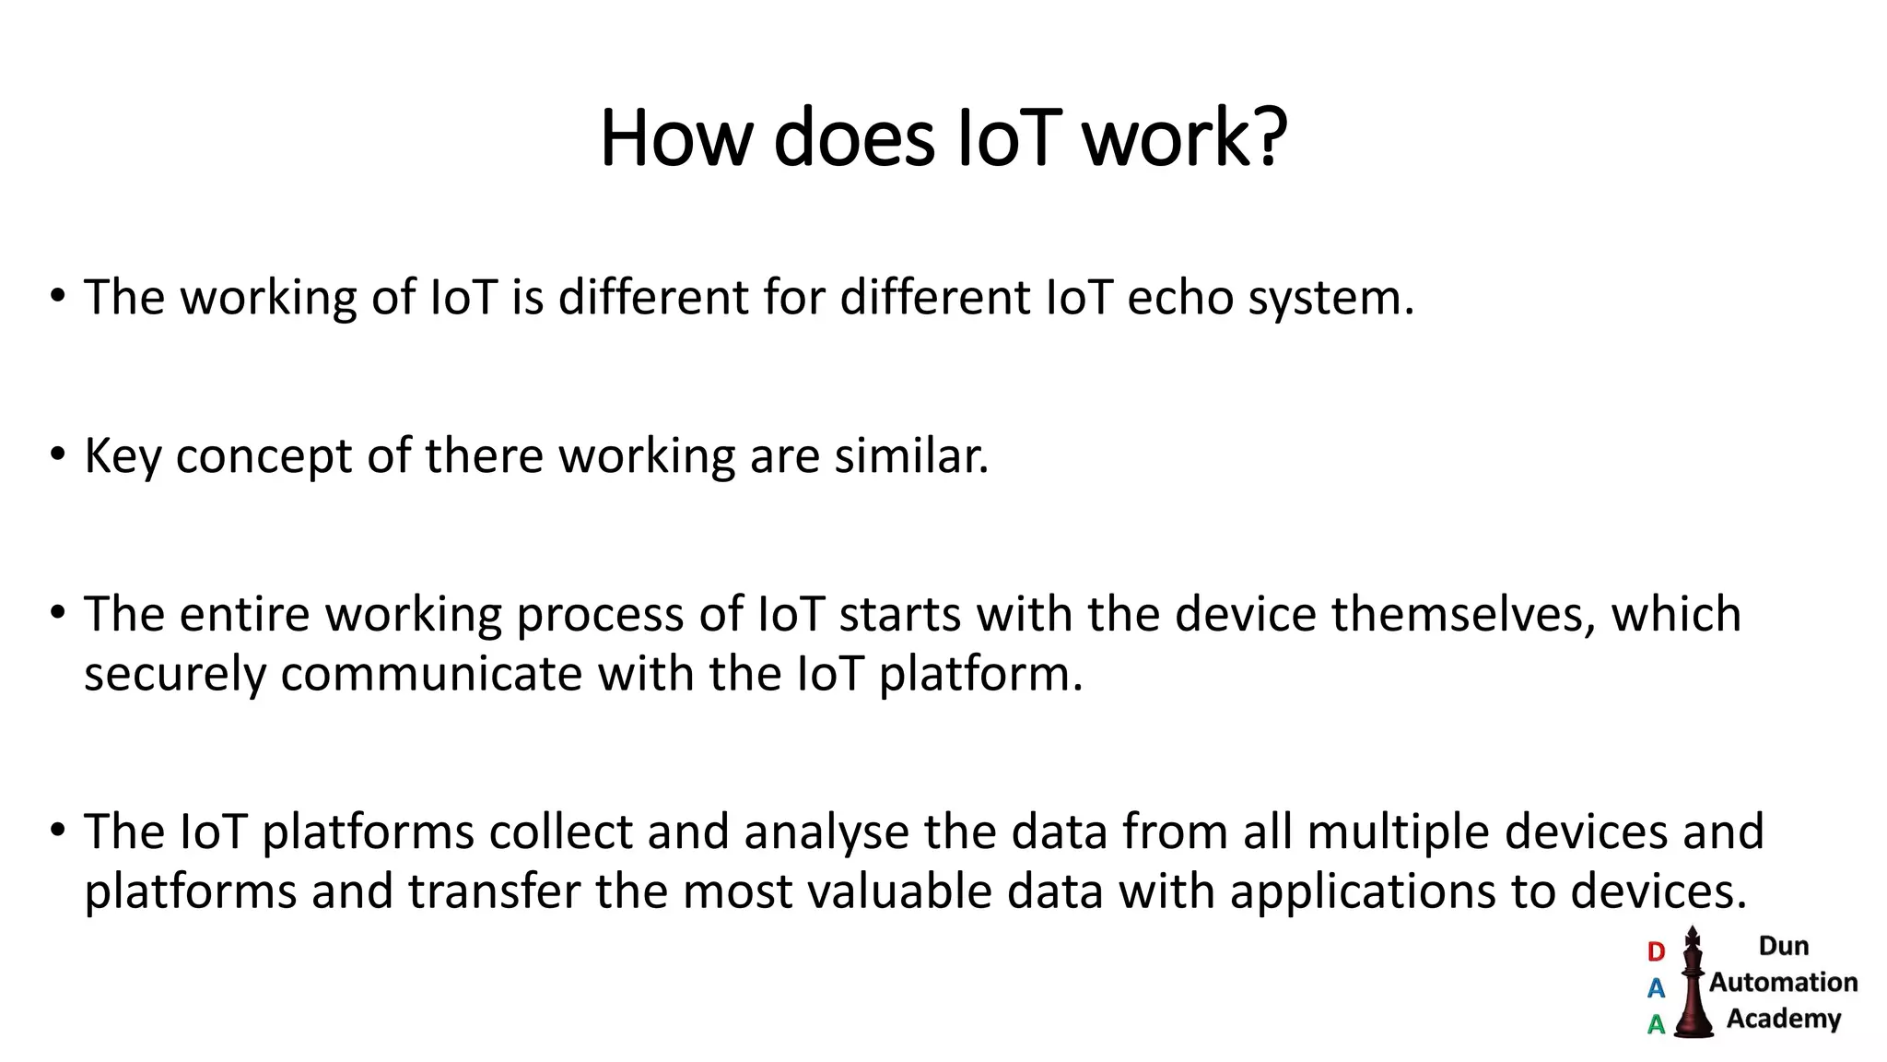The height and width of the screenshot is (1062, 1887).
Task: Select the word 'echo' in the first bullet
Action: (1180, 298)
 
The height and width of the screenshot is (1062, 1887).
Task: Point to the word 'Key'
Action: (123, 456)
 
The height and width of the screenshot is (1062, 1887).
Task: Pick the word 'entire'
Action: (244, 614)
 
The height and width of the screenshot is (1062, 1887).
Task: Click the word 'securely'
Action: (175, 674)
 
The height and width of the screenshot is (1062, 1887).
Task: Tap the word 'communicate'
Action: (431, 674)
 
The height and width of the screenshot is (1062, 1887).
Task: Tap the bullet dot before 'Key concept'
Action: (58, 454)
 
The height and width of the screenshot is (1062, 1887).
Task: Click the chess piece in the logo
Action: (1693, 986)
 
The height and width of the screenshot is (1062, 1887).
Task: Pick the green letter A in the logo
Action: (1656, 1024)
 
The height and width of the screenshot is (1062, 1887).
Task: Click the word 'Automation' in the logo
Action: (1783, 983)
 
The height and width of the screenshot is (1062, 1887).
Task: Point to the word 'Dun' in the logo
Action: (1783, 946)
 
